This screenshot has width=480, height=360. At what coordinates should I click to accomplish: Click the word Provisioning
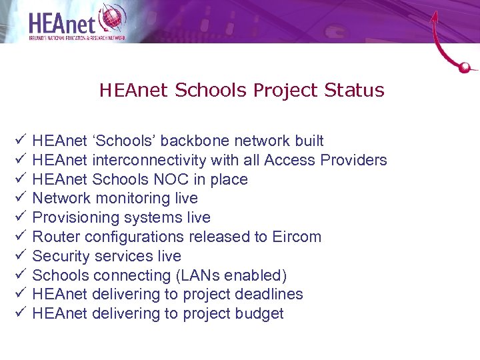click(73, 217)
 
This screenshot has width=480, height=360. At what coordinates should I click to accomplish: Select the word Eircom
click(297, 237)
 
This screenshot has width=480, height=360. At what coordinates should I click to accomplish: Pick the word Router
click(53, 237)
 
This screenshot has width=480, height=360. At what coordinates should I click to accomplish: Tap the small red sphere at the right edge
click(466, 67)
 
